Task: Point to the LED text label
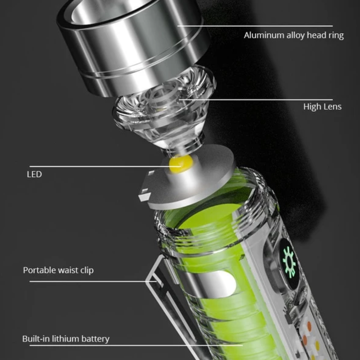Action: pyautogui.click(x=34, y=174)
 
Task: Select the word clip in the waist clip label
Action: pyautogui.click(x=87, y=271)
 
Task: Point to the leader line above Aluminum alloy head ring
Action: pyautogui.click(x=255, y=26)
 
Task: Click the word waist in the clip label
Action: pyautogui.click(x=68, y=270)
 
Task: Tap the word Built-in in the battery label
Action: pyautogui.click(x=36, y=339)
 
